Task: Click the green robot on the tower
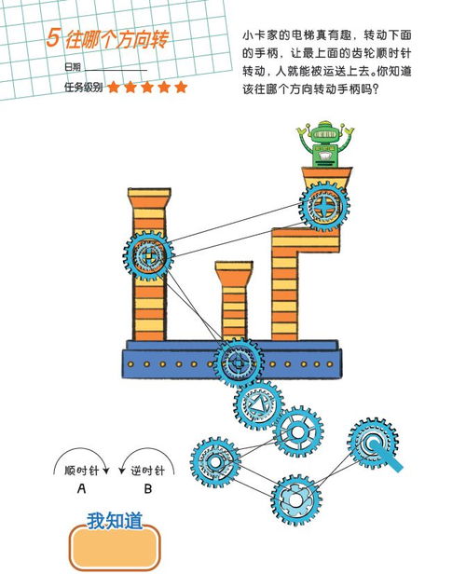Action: pos(324,144)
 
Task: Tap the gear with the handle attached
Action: pos(373,444)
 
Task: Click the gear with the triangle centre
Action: pos(259,404)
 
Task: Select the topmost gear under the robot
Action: pos(324,207)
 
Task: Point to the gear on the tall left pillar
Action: pos(148,256)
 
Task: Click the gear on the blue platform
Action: pos(239,362)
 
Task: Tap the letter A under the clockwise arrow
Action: pos(81,488)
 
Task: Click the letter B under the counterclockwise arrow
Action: pos(148,488)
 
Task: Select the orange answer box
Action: pos(115,547)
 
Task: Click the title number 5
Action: pos(53,37)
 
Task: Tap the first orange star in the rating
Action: pos(114,88)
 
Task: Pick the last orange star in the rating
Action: pos(181,88)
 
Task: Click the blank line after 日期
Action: pos(116,70)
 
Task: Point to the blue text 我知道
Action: pos(115,521)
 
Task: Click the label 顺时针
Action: pos(82,471)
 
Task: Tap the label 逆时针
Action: pos(147,471)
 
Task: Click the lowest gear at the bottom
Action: pos(296,500)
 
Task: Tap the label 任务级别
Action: pos(84,88)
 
